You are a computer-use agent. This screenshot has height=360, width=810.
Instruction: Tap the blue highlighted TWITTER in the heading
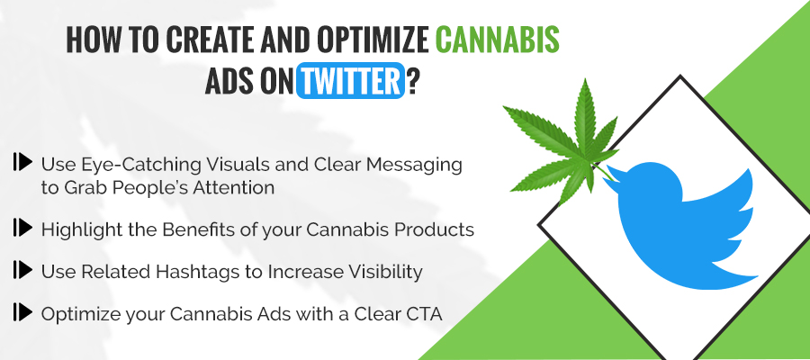tap(349, 83)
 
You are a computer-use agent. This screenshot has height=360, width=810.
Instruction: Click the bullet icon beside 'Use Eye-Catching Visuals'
tap(22, 163)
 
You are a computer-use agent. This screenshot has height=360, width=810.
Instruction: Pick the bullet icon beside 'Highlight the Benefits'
tap(22, 229)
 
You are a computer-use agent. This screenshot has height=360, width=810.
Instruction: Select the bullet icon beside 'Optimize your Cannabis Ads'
tap(22, 312)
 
